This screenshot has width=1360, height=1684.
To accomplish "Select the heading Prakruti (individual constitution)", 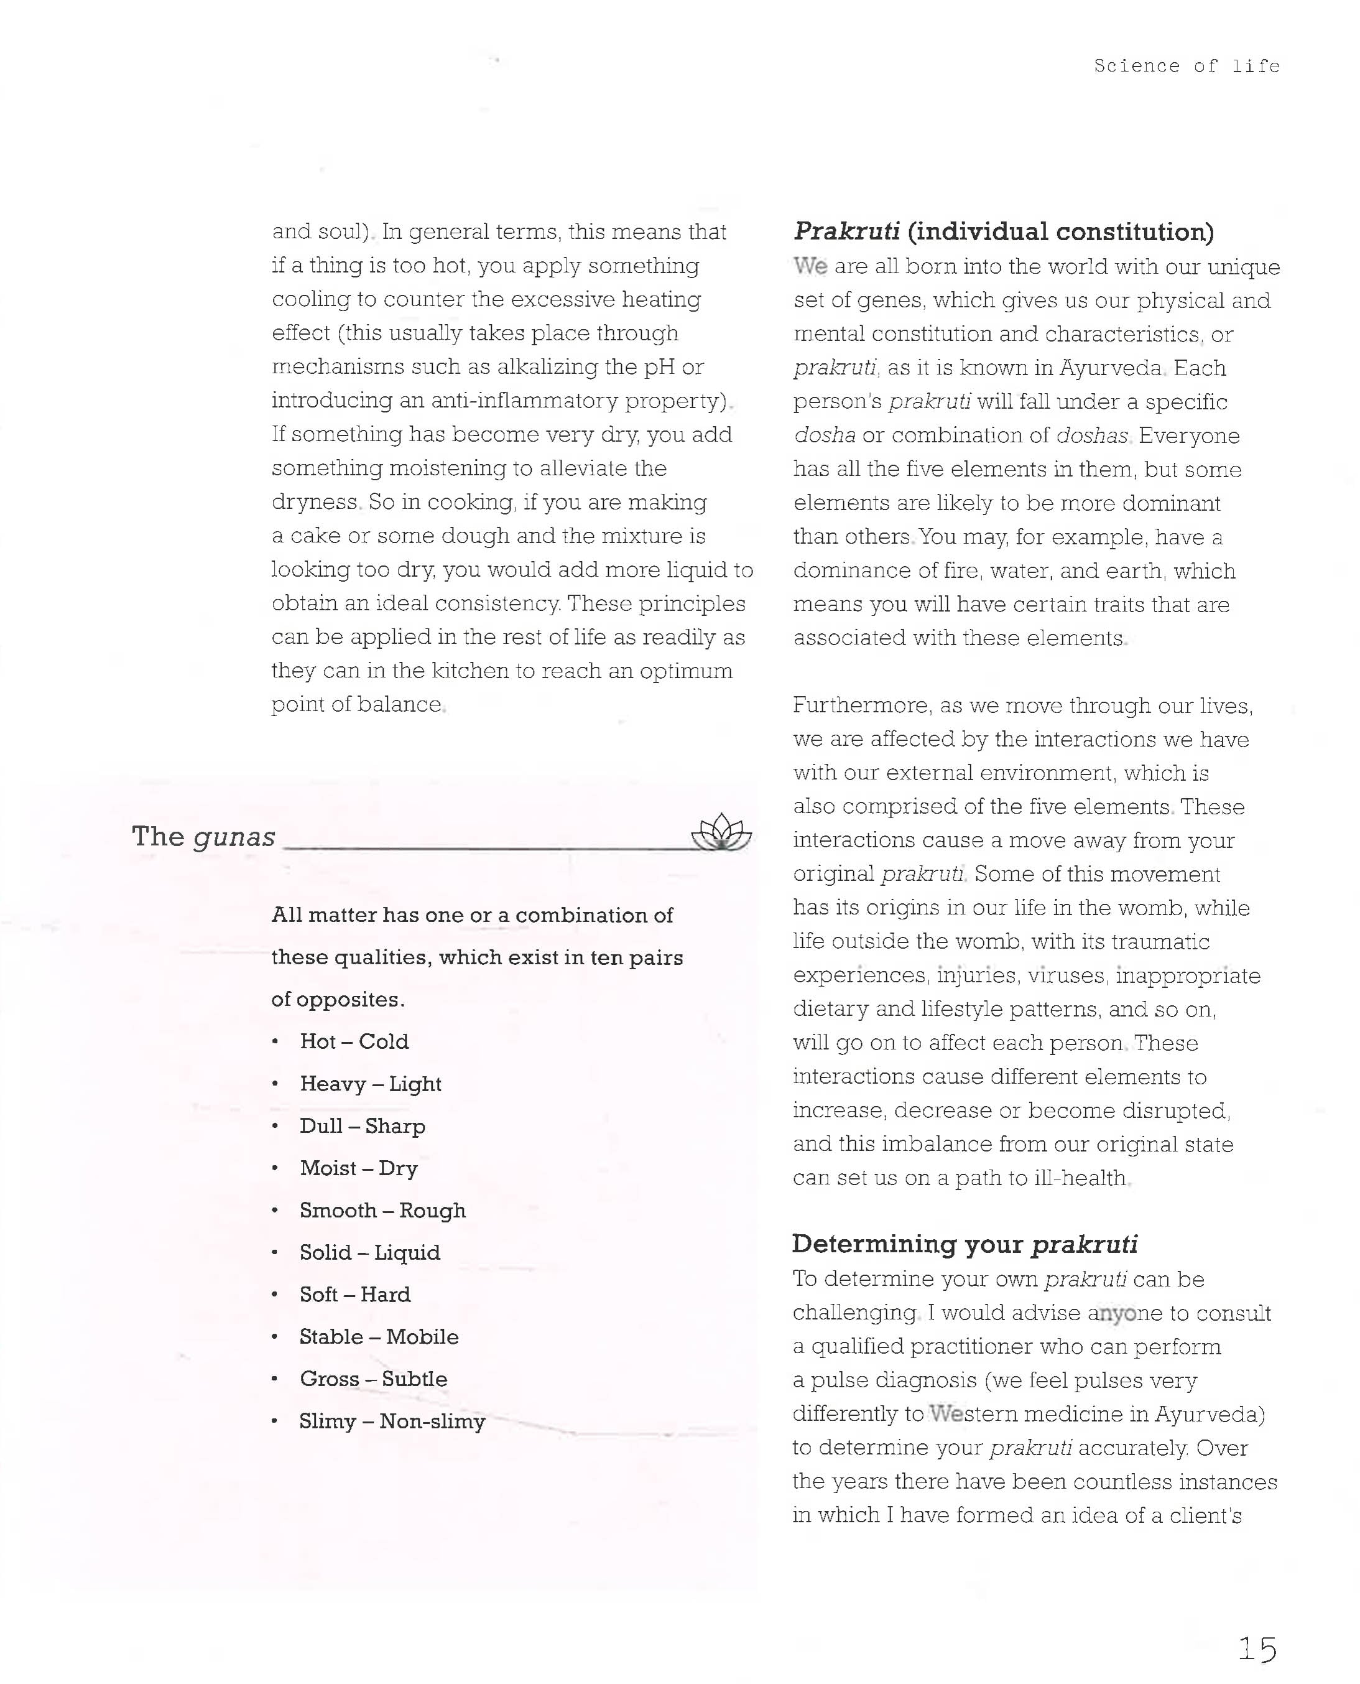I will pyautogui.click(x=1004, y=232).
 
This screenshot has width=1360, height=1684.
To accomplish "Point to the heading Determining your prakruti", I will pyautogui.click(x=964, y=1244).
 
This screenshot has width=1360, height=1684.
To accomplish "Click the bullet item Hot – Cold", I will pyautogui.click(x=354, y=1041).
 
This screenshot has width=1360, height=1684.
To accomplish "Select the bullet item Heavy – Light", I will pyautogui.click(x=371, y=1084).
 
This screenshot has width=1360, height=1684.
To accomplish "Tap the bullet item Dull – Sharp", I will pyautogui.click(x=362, y=1126).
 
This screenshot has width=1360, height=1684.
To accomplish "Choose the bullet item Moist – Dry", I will pyautogui.click(x=359, y=1168).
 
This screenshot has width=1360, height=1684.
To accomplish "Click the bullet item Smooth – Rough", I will pyautogui.click(x=382, y=1211).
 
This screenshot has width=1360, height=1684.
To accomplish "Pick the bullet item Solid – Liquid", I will pyautogui.click(x=370, y=1252).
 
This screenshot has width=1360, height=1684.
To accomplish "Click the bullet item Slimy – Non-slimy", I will pyautogui.click(x=392, y=1421).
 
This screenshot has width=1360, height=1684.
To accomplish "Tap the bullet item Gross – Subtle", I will pyautogui.click(x=373, y=1379).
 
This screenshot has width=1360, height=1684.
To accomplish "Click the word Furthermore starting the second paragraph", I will pyautogui.click(x=861, y=706).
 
